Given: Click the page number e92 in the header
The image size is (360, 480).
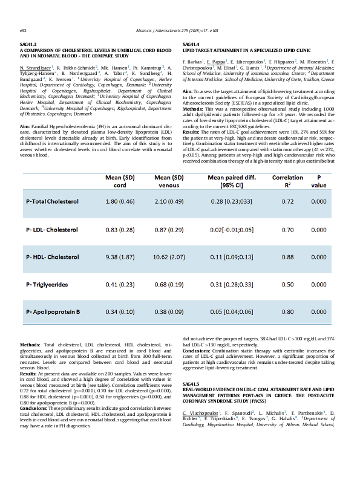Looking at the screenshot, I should (x=24, y=30).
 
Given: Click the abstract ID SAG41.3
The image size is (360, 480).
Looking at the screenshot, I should (x=28, y=44).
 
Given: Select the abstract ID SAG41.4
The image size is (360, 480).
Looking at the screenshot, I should (x=191, y=44).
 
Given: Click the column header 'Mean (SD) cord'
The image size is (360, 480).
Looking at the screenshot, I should (x=120, y=181).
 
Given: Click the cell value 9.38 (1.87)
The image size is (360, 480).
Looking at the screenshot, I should (x=120, y=257).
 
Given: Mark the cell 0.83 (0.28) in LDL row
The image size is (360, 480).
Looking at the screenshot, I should (x=120, y=230).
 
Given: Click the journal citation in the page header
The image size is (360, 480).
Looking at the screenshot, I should (x=180, y=30).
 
